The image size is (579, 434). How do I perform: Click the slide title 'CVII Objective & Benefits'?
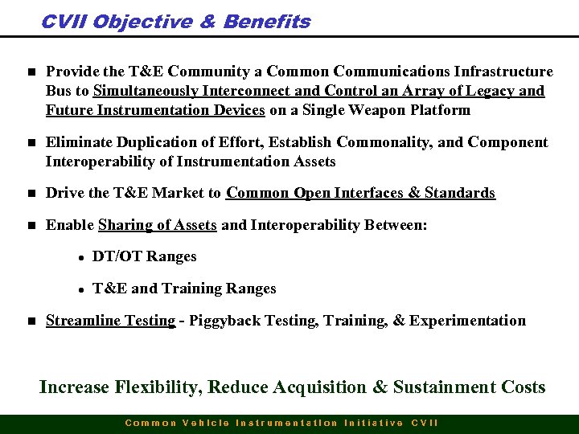pyautogui.click(x=175, y=22)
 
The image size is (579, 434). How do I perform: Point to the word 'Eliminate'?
pyautogui.click(x=79, y=142)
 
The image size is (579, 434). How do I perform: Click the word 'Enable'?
pyautogui.click(x=69, y=225)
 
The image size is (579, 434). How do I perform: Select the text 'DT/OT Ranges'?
pyautogui.click(x=144, y=256)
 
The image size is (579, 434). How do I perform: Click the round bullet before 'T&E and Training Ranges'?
pyautogui.click(x=81, y=289)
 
